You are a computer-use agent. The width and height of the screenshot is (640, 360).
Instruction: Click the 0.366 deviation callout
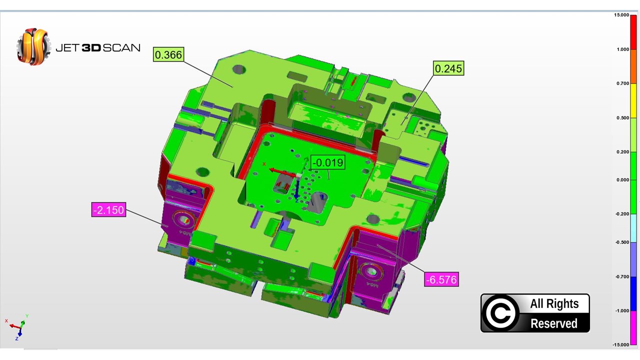click(168, 54)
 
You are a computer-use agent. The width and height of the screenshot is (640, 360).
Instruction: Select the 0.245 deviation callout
click(448, 68)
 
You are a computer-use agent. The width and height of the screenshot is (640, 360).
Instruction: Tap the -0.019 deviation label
click(327, 162)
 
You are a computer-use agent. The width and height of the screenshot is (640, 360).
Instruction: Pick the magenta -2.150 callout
click(108, 209)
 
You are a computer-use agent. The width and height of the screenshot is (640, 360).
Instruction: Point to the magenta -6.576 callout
click(441, 279)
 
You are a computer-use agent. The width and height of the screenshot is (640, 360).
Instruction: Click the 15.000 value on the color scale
click(621, 15)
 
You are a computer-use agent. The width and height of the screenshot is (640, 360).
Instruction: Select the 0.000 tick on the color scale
click(623, 179)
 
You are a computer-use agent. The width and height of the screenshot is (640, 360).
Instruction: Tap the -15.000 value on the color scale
click(620, 344)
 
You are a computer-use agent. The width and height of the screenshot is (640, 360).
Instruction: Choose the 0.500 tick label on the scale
click(623, 117)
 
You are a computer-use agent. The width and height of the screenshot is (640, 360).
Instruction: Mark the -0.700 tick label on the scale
click(622, 276)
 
